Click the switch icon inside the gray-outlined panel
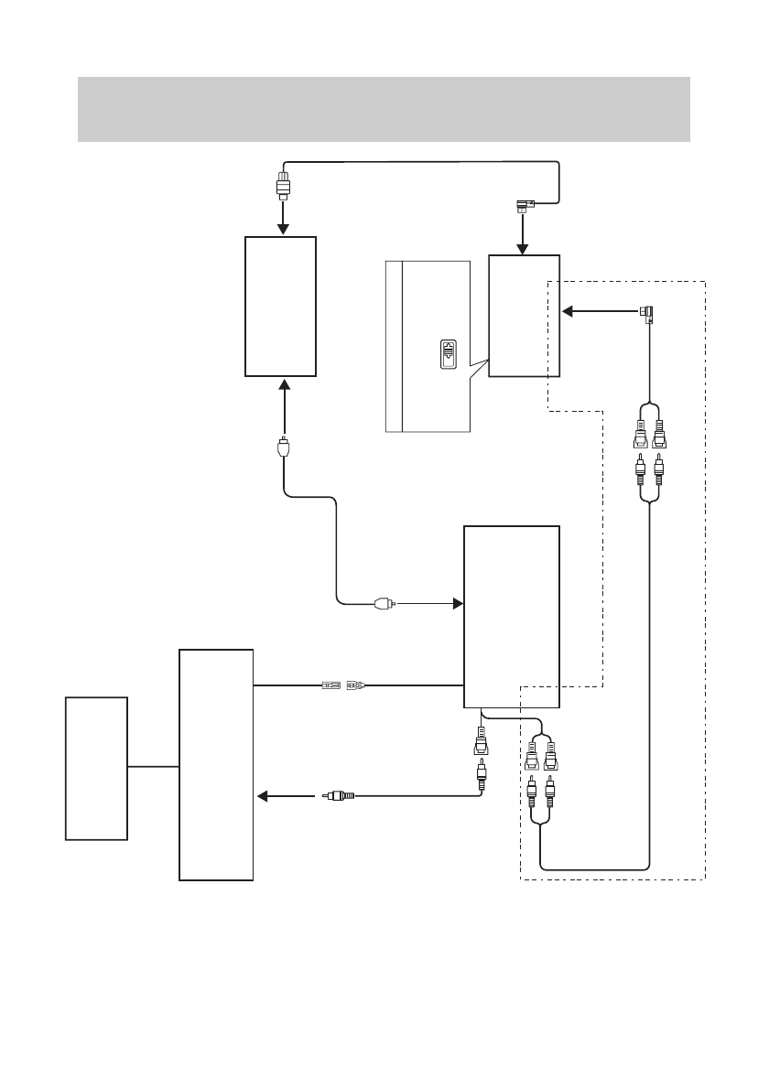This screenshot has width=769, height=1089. tap(447, 355)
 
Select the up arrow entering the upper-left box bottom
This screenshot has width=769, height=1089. tap(284, 398)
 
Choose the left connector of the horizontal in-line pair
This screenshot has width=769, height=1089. tap(330, 684)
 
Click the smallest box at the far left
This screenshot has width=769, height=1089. tap(96, 768)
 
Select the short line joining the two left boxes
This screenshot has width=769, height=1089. tap(153, 766)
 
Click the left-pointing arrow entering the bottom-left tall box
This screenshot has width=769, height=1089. tap(284, 796)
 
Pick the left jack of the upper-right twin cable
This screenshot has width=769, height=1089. tap(639, 430)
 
